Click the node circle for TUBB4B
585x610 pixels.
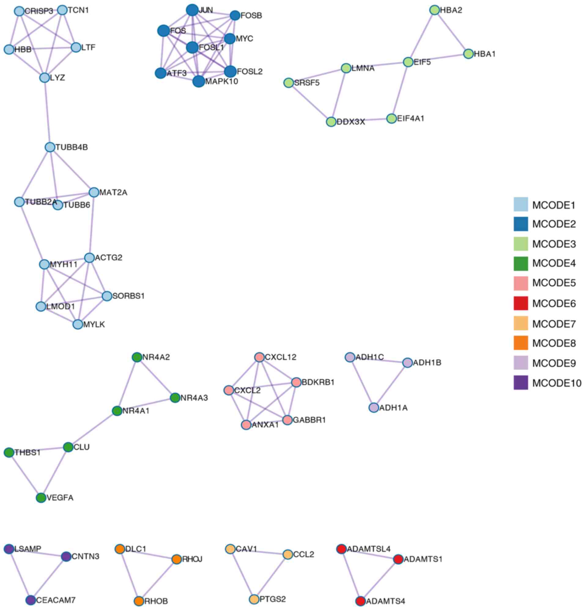click(50, 147)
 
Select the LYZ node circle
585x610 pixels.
click(45, 77)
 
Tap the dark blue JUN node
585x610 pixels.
click(192, 10)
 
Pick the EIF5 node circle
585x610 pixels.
click(408, 62)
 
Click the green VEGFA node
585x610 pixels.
click(41, 498)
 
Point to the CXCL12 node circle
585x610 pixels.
click(259, 357)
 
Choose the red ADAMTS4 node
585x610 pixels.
click(360, 601)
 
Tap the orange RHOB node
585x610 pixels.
click(139, 601)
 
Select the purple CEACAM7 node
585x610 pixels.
click(31, 600)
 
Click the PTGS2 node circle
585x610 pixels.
click(254, 599)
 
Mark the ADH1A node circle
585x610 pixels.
click(374, 407)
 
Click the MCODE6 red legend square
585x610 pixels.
click(520, 303)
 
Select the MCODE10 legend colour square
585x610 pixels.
click(520, 383)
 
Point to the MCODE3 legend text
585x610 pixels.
click(554, 244)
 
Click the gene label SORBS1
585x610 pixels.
click(128, 296)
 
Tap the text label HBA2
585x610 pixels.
click(451, 10)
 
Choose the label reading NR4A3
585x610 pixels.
click(194, 398)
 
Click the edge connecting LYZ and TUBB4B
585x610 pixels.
click(47, 112)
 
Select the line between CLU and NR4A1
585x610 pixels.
click(92, 429)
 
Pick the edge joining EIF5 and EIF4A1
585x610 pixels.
click(400, 90)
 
